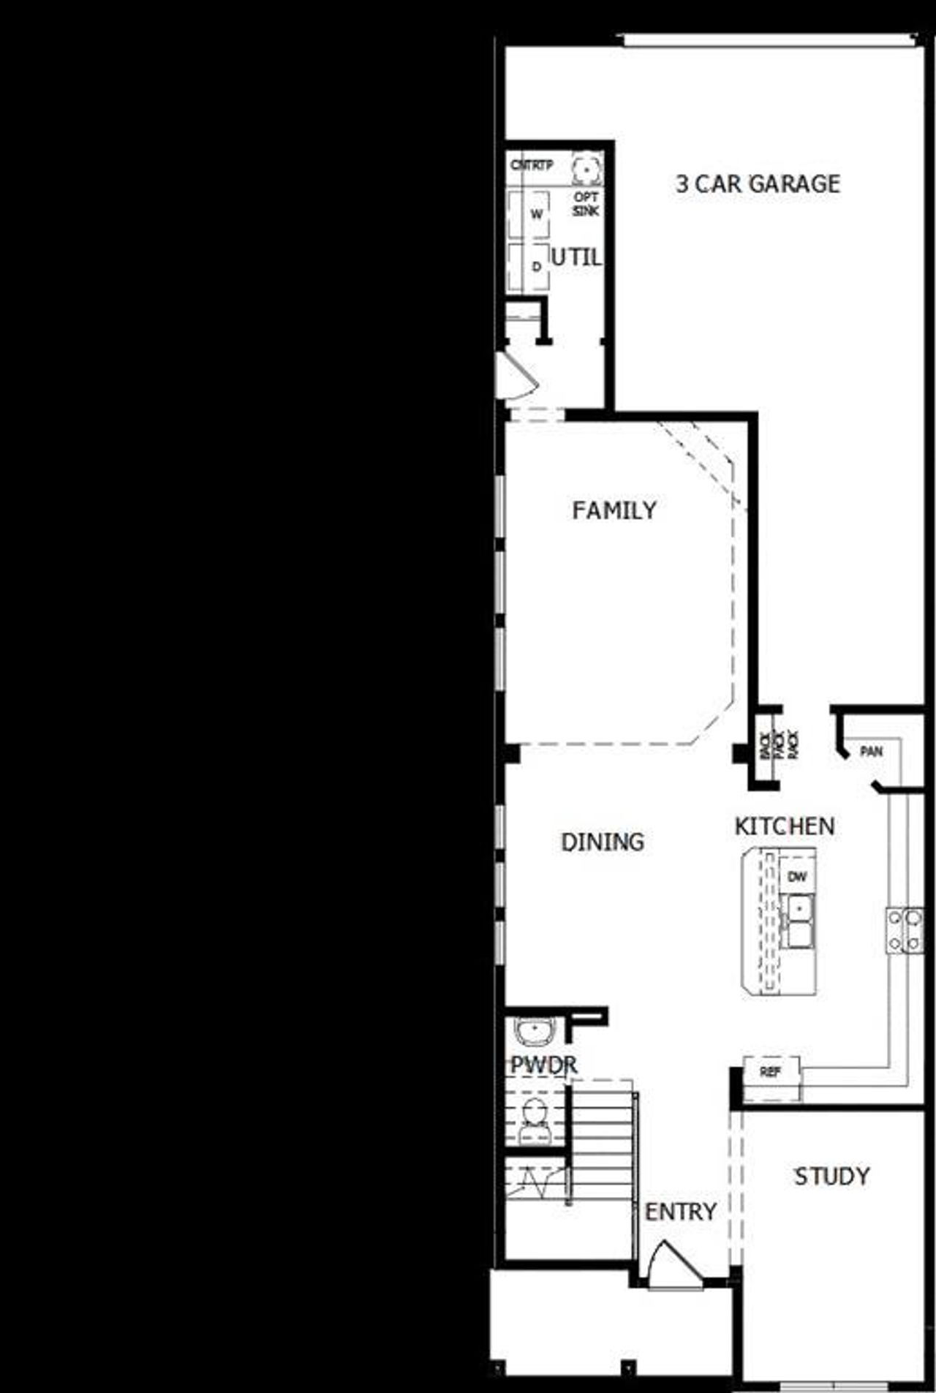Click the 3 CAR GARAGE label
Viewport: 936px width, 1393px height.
tap(758, 184)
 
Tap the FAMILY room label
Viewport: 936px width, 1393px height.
tap(614, 510)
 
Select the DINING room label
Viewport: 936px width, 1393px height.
tap(603, 842)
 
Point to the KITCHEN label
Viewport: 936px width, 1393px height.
tap(784, 826)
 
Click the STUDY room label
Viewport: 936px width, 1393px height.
tap(832, 1176)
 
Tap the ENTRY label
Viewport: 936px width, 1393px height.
tap(680, 1212)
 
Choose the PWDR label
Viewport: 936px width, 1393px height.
tap(543, 1065)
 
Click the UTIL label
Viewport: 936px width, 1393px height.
tap(576, 257)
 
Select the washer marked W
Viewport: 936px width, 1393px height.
tap(537, 214)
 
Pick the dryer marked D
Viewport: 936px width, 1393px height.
tap(537, 267)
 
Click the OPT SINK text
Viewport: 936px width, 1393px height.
tap(586, 204)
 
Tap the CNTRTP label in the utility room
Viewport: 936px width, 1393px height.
tap(532, 165)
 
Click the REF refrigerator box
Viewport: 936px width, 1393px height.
tap(771, 1073)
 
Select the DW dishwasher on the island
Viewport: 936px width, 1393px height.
tap(796, 876)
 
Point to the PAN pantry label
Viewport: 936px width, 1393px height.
tap(871, 752)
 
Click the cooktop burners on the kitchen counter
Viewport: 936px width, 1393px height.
tap(905, 930)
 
